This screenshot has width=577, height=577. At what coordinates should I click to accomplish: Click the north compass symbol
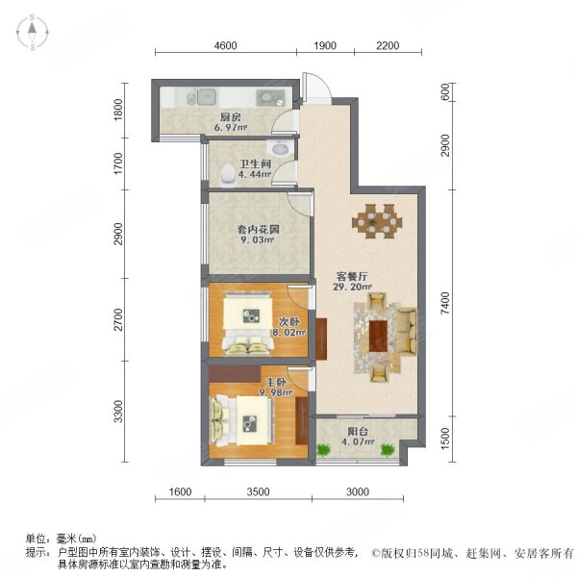(32, 32)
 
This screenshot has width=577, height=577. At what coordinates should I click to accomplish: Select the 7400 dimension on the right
(444, 305)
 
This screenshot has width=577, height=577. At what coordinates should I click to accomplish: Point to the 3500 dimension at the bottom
(257, 492)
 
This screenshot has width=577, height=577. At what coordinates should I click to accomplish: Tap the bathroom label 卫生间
(253, 164)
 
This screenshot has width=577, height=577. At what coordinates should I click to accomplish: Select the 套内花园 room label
(256, 232)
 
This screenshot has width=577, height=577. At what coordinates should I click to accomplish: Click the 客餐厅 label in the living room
(351, 273)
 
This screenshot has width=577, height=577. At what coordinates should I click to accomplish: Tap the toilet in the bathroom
(227, 174)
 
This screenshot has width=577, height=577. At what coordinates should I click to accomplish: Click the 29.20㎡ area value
(352, 286)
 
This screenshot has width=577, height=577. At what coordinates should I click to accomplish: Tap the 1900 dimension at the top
(324, 46)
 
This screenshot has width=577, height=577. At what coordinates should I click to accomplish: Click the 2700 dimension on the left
(119, 318)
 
